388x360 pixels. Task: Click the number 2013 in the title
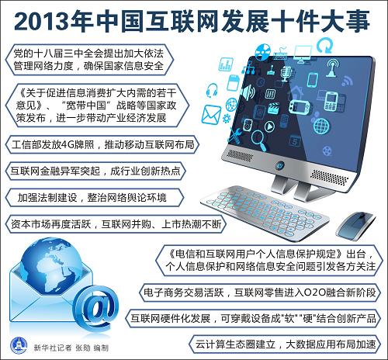(42, 21)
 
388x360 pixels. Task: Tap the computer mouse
(355, 224)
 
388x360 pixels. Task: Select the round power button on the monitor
(280, 164)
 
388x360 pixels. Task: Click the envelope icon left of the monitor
(211, 114)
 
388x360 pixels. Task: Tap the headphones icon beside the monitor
(212, 90)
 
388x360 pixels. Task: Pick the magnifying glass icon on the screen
(258, 140)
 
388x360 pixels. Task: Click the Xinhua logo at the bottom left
(19, 345)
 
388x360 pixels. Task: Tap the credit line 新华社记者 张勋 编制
(71, 348)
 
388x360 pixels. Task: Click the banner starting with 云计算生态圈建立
(285, 344)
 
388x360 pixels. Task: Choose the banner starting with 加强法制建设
(95, 198)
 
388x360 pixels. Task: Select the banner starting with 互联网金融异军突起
(95, 171)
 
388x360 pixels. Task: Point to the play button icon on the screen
(269, 126)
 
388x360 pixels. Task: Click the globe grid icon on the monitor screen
(321, 126)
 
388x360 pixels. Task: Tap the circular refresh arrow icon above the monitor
(324, 45)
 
